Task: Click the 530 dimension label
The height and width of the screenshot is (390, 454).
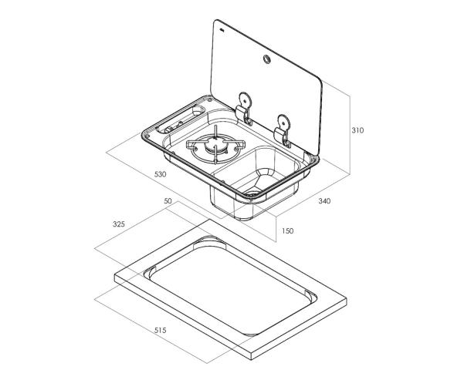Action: (161, 175)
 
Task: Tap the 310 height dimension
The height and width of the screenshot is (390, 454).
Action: (357, 130)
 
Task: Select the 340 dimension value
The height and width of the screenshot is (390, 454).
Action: (324, 201)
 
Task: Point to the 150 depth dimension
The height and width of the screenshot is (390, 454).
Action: (287, 230)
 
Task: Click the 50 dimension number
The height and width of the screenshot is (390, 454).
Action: (168, 201)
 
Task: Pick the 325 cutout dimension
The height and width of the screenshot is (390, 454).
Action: (119, 224)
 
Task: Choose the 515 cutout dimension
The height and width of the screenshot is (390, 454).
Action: (161, 330)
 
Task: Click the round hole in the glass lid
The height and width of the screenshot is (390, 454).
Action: (266, 59)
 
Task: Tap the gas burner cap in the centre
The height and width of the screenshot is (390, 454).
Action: (215, 145)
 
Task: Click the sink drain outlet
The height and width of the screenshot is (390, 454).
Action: (252, 191)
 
